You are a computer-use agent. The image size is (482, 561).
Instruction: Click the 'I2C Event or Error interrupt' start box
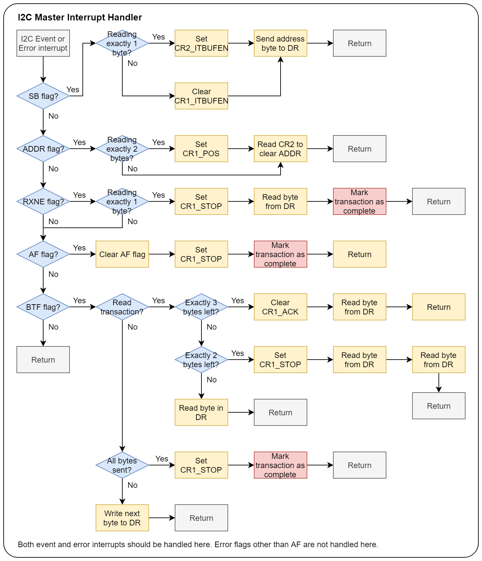pos(43,43)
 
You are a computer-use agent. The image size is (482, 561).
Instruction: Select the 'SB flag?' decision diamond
pos(43,96)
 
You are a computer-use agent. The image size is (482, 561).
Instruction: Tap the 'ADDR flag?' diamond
pos(43,149)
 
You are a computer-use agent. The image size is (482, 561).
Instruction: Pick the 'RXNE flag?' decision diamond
pos(43,201)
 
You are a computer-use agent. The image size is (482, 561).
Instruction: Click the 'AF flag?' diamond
pos(43,254)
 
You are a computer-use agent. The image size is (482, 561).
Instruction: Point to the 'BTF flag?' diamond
pos(43,307)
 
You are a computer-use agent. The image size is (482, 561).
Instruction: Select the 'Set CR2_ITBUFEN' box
pos(201,43)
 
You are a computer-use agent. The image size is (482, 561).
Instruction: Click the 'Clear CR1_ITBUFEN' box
pos(201,96)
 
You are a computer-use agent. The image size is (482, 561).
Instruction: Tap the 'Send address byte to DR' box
pos(281,43)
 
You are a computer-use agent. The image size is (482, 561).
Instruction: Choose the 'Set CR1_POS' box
pos(201,149)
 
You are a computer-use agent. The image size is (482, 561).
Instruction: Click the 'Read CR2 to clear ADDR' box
pos(281,149)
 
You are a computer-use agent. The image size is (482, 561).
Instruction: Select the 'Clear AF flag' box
pos(122,254)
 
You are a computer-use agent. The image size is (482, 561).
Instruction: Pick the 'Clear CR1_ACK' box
pos(281,307)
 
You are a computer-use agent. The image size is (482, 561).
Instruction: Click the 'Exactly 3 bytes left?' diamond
pos(201,307)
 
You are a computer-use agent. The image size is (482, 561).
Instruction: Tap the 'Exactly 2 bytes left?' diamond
pos(201,360)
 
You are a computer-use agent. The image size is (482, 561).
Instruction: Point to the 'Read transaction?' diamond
pos(122,307)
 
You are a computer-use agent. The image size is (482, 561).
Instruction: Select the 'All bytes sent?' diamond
pos(122,465)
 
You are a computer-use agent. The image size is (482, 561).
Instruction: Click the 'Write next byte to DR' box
pos(122,518)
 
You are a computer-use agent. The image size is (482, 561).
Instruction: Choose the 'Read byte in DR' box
pos(201,412)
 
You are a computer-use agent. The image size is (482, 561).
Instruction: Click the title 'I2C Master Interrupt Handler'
pos(80,17)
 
